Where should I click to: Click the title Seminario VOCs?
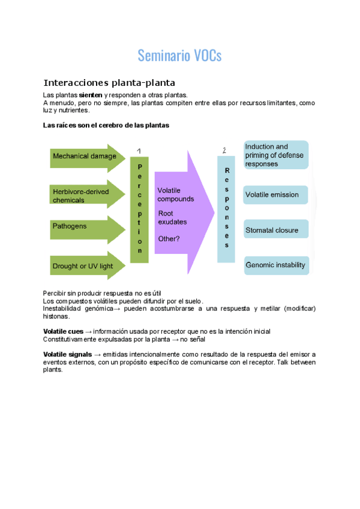pyautogui.click(x=179, y=56)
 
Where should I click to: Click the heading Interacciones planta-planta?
pyautogui.click(x=109, y=83)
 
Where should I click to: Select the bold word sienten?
pyautogui.click(x=91, y=95)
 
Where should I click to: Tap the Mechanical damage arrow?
pyautogui.click(x=84, y=157)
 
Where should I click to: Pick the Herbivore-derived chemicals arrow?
pyautogui.click(x=84, y=195)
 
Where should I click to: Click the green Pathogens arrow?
pyautogui.click(x=84, y=226)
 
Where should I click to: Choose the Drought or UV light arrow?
pyautogui.click(x=84, y=266)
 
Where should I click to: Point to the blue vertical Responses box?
pyautogui.click(x=226, y=209)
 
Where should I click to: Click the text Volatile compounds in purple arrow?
pyautogui.click(x=175, y=194)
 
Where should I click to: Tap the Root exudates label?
pyautogui.click(x=172, y=217)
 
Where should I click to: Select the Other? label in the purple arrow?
pyautogui.click(x=169, y=238)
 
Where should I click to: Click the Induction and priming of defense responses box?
pyautogui.click(x=276, y=155)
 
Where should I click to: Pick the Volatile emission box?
pyautogui.click(x=276, y=195)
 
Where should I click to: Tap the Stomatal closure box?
pyautogui.click(x=276, y=230)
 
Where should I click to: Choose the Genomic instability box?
pyautogui.click(x=276, y=265)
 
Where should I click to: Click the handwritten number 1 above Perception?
pyautogui.click(x=139, y=150)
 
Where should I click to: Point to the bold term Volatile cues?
pyautogui.click(x=63, y=331)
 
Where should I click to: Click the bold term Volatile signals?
pyautogui.click(x=67, y=354)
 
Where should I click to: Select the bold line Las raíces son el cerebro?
pyautogui.click(x=106, y=125)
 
